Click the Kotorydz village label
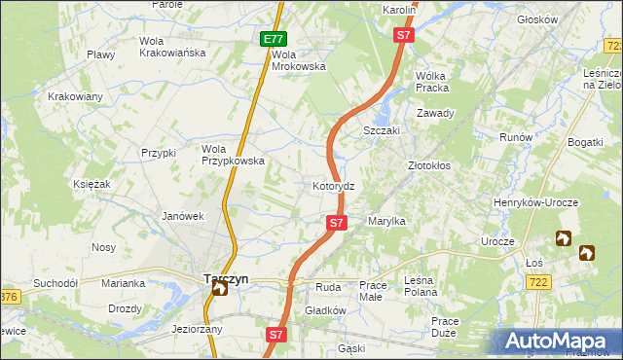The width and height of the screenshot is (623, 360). point(340,185)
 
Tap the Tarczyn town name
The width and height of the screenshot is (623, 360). point(226,277)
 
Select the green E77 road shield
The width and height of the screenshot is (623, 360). point(274,40)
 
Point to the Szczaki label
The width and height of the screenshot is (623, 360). point(383,130)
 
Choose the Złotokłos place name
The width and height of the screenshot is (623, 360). point(428,165)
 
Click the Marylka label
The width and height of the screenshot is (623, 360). point(386,222)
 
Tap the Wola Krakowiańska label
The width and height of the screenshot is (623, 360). point(172,47)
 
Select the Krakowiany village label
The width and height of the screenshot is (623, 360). point(75,96)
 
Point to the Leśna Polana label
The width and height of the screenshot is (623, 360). point(429,291)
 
